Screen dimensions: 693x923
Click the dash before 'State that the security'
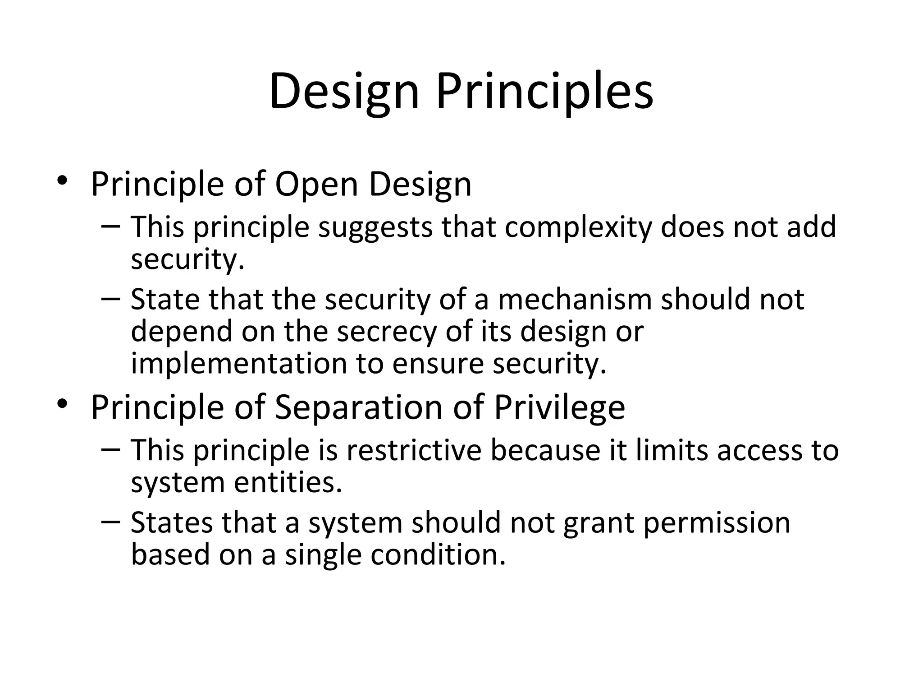[111, 298]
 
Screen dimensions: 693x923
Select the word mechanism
[575, 300]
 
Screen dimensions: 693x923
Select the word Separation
[359, 407]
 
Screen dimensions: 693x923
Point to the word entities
[288, 482]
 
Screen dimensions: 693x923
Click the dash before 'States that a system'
[111, 522]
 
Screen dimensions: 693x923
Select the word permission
[717, 523]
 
